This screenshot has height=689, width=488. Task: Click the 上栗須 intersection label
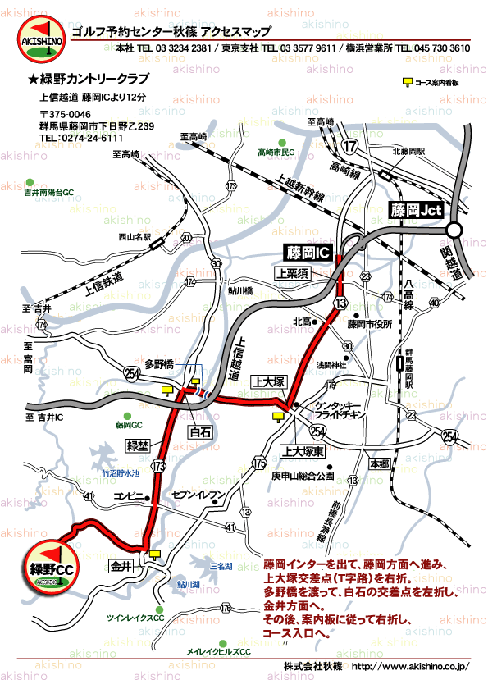292,273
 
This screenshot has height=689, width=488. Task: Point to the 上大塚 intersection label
268,381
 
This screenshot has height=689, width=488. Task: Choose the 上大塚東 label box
303,451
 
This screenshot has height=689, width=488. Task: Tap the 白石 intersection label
200,431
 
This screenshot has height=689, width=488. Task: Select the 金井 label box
121,566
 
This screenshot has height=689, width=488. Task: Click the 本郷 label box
380,463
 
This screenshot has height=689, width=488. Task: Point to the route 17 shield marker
351,146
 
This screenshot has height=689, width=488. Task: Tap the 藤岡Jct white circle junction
455,230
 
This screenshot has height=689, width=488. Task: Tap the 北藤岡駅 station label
408,152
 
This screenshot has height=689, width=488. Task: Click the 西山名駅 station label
135,237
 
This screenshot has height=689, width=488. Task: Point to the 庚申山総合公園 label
303,476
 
